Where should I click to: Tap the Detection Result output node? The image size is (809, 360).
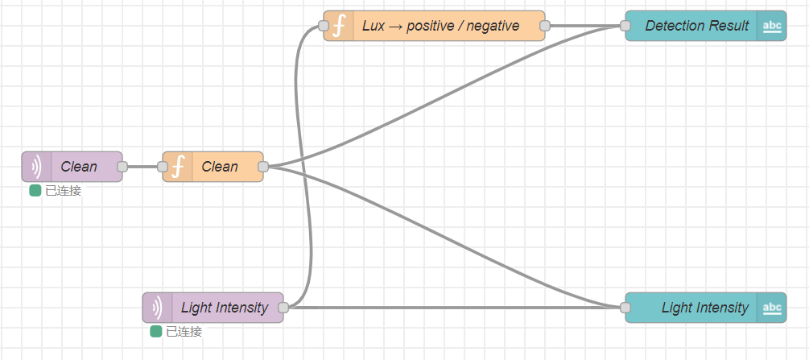coord(696,26)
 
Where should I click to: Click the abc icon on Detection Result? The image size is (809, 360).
coord(771,26)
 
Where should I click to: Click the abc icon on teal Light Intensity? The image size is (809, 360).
coord(771,308)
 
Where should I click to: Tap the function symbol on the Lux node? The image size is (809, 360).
coord(339,26)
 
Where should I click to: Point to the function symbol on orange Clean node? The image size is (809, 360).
coord(178,167)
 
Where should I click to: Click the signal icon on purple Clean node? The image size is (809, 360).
coord(36,167)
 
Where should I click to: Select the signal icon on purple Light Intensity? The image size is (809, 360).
coord(157,308)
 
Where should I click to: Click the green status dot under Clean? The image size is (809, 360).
coord(35,191)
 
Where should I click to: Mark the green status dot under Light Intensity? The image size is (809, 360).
coord(156,332)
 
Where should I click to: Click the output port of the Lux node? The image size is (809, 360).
coord(545,26)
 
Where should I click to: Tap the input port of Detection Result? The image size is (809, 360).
coord(625,26)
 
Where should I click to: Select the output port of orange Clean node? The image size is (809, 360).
coord(263,167)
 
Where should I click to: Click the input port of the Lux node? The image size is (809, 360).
coord(324,26)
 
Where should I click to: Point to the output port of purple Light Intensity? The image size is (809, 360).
coord(283,308)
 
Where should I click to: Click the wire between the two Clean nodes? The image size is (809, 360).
coord(142,167)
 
